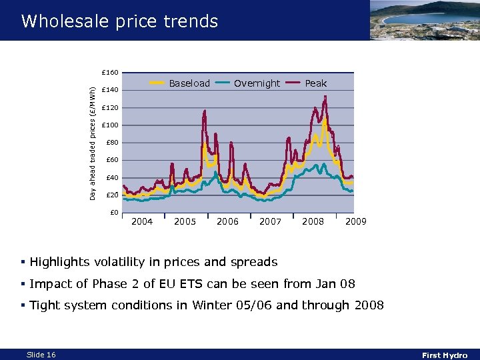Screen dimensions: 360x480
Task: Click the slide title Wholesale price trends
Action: tap(119, 21)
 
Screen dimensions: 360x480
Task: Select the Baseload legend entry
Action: tap(189, 83)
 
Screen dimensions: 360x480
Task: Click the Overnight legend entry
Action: tap(257, 83)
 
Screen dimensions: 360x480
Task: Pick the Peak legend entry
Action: tap(315, 83)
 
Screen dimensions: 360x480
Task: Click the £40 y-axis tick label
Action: tap(111, 178)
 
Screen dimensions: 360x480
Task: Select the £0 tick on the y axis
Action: tap(113, 213)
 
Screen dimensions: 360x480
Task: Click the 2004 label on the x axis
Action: tap(142, 221)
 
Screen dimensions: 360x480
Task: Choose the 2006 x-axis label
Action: tap(227, 221)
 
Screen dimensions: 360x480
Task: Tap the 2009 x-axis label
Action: tap(355, 221)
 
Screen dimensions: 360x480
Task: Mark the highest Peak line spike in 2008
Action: tap(325, 97)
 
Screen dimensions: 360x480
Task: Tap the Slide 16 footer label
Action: tap(41, 355)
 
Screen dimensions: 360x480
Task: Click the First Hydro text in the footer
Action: tap(445, 355)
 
